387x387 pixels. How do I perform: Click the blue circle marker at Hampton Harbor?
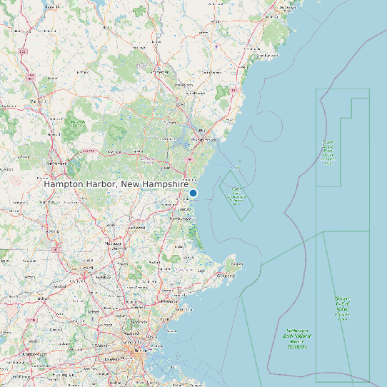tap(193, 193)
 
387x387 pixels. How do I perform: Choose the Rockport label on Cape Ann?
tap(236, 264)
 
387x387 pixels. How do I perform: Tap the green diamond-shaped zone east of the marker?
tap(236, 194)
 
